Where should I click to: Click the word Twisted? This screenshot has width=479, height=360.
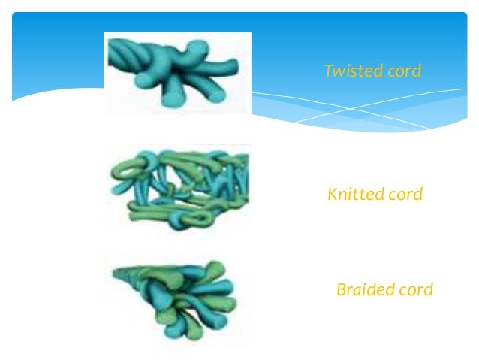[348, 71]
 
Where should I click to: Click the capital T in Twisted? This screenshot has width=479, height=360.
[328, 71]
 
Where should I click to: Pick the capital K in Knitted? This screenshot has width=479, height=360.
[332, 195]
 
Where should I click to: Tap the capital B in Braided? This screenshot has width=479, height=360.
[341, 289]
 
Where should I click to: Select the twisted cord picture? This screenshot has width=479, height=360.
[177, 73]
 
